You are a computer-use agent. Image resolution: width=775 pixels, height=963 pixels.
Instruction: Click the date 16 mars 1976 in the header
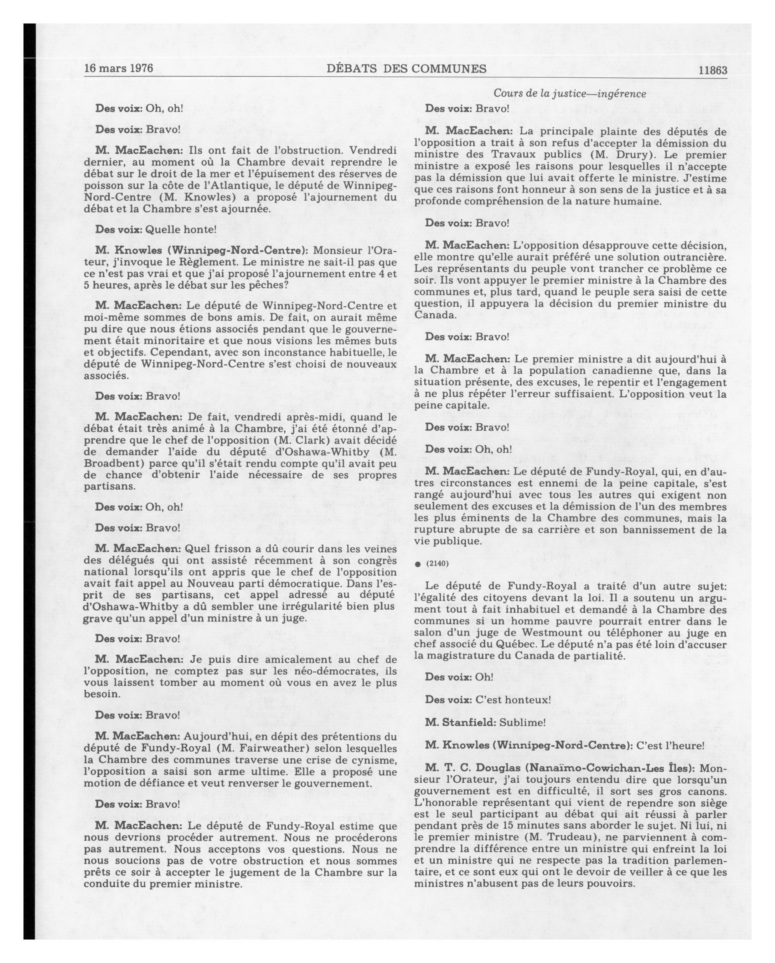point(118,68)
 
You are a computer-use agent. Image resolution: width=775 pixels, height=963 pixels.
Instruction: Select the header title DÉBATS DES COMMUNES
point(406,69)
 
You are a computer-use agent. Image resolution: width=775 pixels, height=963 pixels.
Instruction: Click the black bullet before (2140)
point(418,564)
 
